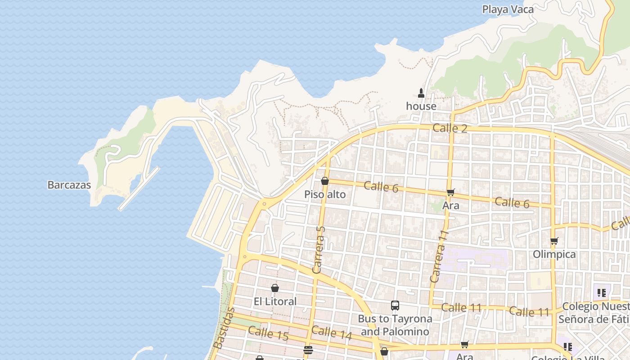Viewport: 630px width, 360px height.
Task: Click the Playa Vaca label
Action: (508, 9)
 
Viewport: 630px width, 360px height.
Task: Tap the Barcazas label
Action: (69, 185)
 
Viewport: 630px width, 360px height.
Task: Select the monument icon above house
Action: (421, 93)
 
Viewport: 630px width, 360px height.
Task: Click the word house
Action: (421, 106)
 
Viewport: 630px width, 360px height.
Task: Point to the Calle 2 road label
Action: (450, 128)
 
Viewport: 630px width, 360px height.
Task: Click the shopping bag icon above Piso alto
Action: (325, 181)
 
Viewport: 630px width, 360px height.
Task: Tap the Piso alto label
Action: (325, 194)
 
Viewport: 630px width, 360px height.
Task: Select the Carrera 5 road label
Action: (318, 250)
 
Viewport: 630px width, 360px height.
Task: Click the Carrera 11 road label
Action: (439, 256)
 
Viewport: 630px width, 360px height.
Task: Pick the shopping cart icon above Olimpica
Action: (554, 241)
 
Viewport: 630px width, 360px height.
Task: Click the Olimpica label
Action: (554, 254)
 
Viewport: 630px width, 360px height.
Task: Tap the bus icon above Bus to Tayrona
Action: (395, 306)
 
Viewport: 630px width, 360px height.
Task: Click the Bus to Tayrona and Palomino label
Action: (395, 325)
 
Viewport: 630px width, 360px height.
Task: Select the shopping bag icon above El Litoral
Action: (275, 288)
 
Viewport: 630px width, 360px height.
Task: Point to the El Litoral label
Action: (275, 301)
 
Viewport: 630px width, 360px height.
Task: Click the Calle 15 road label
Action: (268, 333)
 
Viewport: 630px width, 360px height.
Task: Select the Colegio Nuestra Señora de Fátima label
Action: (593, 313)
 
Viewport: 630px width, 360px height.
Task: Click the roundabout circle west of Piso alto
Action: (264, 204)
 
